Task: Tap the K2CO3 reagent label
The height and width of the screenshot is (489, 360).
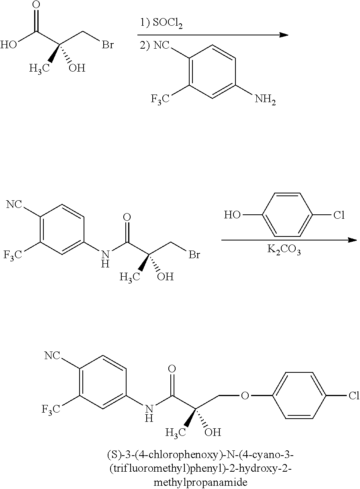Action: click(x=284, y=249)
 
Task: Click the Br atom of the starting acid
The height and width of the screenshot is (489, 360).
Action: click(x=108, y=45)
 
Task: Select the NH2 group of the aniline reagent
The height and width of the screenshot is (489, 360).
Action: click(x=265, y=100)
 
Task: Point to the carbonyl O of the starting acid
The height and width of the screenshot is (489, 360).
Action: click(x=37, y=5)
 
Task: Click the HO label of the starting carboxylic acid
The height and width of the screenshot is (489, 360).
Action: click(x=8, y=45)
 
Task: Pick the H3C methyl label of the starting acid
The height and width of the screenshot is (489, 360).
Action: click(x=39, y=69)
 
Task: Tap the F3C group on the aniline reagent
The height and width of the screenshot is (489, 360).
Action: click(x=160, y=99)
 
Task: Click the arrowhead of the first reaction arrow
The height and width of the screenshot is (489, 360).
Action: click(x=284, y=35)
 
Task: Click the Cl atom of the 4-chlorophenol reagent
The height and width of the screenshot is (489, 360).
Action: click(x=339, y=215)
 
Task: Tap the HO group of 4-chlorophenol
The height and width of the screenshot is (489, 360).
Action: click(x=232, y=215)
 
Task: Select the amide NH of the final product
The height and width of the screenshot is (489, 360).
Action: click(x=149, y=413)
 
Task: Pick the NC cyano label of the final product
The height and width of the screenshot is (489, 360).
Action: click(x=52, y=355)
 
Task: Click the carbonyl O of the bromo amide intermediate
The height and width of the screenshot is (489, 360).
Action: click(x=127, y=217)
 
